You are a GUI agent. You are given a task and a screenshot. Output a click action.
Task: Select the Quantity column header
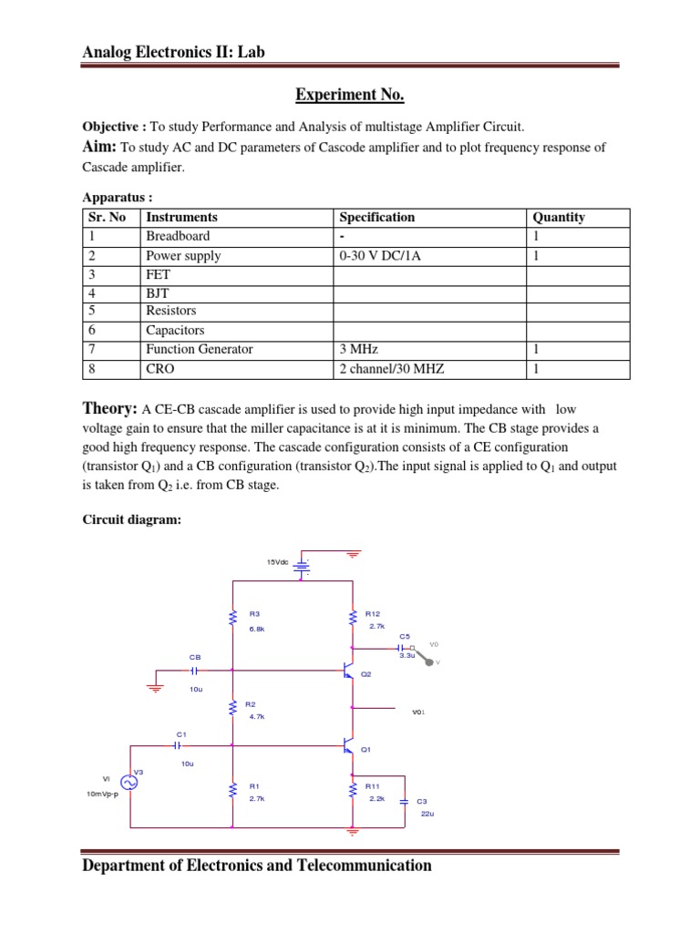559,217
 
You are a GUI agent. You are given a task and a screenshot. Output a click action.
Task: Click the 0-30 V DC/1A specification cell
380,256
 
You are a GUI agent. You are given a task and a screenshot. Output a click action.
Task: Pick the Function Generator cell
200,349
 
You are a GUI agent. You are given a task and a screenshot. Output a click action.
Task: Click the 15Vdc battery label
277,563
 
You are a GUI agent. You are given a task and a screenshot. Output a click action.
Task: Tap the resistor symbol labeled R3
232,619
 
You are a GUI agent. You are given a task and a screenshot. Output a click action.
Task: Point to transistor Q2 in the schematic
348,672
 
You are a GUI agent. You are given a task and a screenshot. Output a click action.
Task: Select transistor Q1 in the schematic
348,747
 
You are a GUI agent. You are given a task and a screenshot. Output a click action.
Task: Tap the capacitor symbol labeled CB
194,670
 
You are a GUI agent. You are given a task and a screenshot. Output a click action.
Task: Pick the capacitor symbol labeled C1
179,744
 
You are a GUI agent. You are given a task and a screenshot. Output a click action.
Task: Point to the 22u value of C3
427,813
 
